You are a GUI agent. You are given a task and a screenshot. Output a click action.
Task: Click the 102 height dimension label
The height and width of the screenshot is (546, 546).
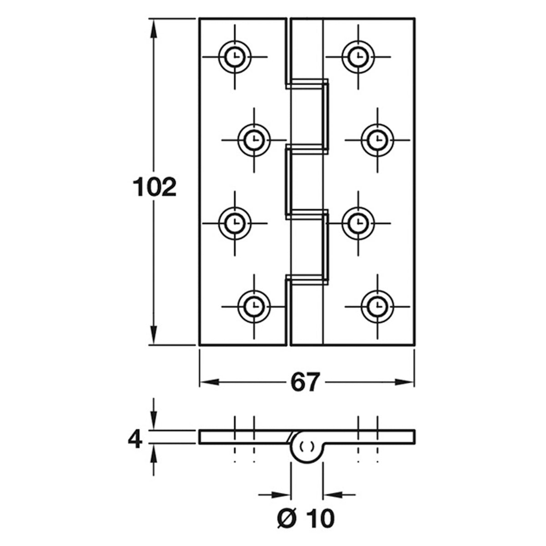point(154,187)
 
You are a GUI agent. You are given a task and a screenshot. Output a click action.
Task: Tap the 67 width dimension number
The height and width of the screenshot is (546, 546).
point(305,382)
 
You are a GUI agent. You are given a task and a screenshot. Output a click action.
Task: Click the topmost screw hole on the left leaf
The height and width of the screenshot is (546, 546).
point(235,57)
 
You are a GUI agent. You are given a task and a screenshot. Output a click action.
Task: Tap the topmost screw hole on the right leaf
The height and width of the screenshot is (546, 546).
point(359,57)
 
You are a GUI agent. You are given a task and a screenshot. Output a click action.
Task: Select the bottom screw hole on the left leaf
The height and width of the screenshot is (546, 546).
point(254,307)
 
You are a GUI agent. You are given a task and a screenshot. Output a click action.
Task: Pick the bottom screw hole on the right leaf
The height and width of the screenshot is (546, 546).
point(377,307)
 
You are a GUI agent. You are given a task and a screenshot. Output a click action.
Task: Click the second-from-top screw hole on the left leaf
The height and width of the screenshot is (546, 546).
point(254,140)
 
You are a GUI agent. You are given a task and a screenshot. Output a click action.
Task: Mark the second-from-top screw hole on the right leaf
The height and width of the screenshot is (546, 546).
point(377,140)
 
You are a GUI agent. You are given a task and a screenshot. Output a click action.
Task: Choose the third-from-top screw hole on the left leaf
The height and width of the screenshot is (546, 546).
point(235,223)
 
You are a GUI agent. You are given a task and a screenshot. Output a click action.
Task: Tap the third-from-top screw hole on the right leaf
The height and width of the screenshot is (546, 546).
point(359,223)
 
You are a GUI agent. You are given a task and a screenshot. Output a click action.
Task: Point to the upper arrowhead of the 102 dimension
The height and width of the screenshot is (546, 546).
point(154,29)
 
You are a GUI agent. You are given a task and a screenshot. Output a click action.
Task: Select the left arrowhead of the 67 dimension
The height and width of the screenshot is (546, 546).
point(209,382)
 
